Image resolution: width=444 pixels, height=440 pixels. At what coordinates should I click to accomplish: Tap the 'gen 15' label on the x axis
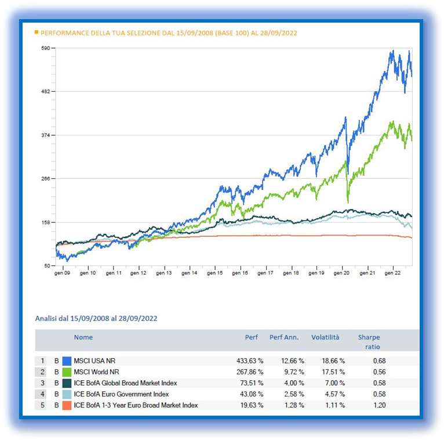[x=215, y=273]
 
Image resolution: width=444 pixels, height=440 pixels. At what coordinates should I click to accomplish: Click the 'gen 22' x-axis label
[x=393, y=273]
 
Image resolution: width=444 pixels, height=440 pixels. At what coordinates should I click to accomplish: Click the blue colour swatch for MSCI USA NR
[x=66, y=360]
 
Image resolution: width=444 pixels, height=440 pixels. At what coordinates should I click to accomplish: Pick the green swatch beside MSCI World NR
[x=66, y=372]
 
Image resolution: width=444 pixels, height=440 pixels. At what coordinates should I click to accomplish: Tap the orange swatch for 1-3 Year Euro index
[x=66, y=405]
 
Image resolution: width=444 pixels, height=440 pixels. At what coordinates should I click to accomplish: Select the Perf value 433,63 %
[x=250, y=360]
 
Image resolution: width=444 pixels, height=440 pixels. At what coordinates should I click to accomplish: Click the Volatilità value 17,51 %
[x=332, y=372]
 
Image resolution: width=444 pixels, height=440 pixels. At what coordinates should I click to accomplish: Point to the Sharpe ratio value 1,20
[x=380, y=405]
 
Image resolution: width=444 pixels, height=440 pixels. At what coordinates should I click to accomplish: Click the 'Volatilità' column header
[x=325, y=337]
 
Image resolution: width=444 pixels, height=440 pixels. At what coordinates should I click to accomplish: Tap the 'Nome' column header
[x=83, y=337]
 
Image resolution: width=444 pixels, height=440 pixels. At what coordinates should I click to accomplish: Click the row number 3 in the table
[x=42, y=383]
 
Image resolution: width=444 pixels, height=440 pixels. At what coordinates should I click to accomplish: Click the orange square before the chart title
[x=37, y=33]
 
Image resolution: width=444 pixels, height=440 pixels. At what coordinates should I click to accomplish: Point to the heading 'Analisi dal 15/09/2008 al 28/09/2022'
[x=96, y=318]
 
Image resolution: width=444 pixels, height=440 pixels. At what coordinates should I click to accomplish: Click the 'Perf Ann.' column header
[x=283, y=337]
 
